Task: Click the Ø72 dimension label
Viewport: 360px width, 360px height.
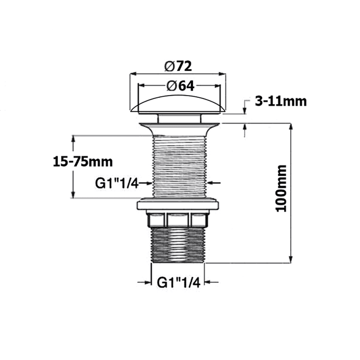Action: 178,66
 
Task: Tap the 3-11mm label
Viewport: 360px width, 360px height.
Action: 280,101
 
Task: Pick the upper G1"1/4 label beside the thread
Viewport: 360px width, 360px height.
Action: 116,183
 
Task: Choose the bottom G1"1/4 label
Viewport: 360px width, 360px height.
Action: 178,283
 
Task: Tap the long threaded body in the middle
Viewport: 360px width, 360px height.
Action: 178,166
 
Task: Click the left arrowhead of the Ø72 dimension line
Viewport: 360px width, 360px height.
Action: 134,74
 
